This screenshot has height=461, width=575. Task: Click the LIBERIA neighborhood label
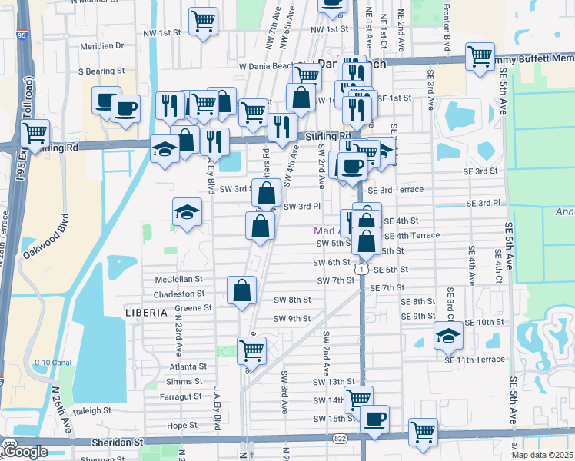point(146,313)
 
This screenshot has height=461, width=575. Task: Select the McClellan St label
point(178,280)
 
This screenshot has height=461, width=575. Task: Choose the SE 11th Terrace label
point(474,359)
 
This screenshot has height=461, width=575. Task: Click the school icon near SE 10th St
point(448,334)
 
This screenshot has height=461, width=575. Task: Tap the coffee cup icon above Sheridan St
point(374,419)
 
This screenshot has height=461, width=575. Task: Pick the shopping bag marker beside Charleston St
point(241,290)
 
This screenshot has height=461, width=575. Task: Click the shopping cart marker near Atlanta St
point(251,350)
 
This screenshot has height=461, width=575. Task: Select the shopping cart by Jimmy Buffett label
point(479,56)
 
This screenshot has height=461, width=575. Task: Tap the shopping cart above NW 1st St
point(204,21)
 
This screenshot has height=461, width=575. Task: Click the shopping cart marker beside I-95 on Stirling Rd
point(35,132)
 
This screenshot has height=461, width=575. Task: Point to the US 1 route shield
point(360,269)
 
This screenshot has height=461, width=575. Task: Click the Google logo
point(26,452)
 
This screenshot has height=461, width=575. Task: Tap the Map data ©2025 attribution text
point(540,455)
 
